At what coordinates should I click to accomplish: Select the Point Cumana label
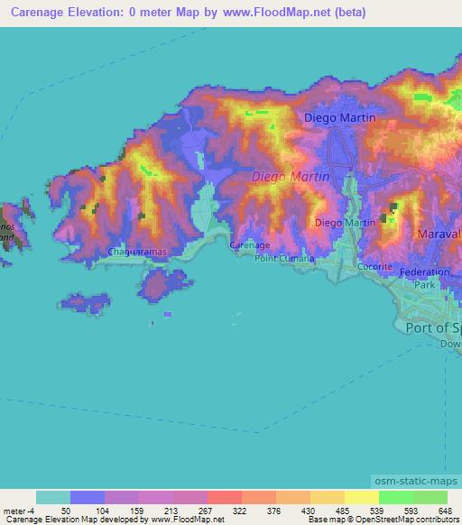point(284,258)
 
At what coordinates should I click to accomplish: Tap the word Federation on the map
point(423,272)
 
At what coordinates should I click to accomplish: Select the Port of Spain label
point(433,327)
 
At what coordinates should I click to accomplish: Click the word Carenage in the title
point(38,13)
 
